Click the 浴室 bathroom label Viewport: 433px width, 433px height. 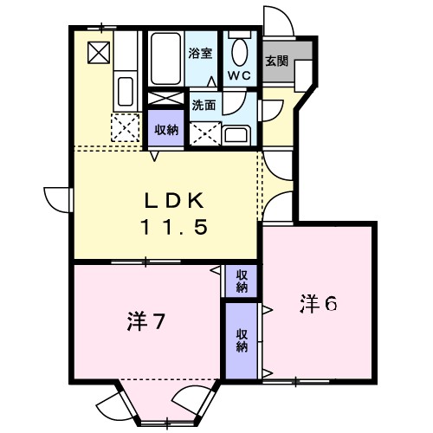click(201, 53)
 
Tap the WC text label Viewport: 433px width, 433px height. click(240, 75)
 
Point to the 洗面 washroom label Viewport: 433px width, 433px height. click(204, 105)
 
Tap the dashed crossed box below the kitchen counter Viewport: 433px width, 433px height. click(126, 129)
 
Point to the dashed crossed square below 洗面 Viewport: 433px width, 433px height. click(206, 132)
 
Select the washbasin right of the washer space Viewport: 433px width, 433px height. click(235, 133)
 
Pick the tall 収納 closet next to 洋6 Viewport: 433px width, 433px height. click(241, 339)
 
